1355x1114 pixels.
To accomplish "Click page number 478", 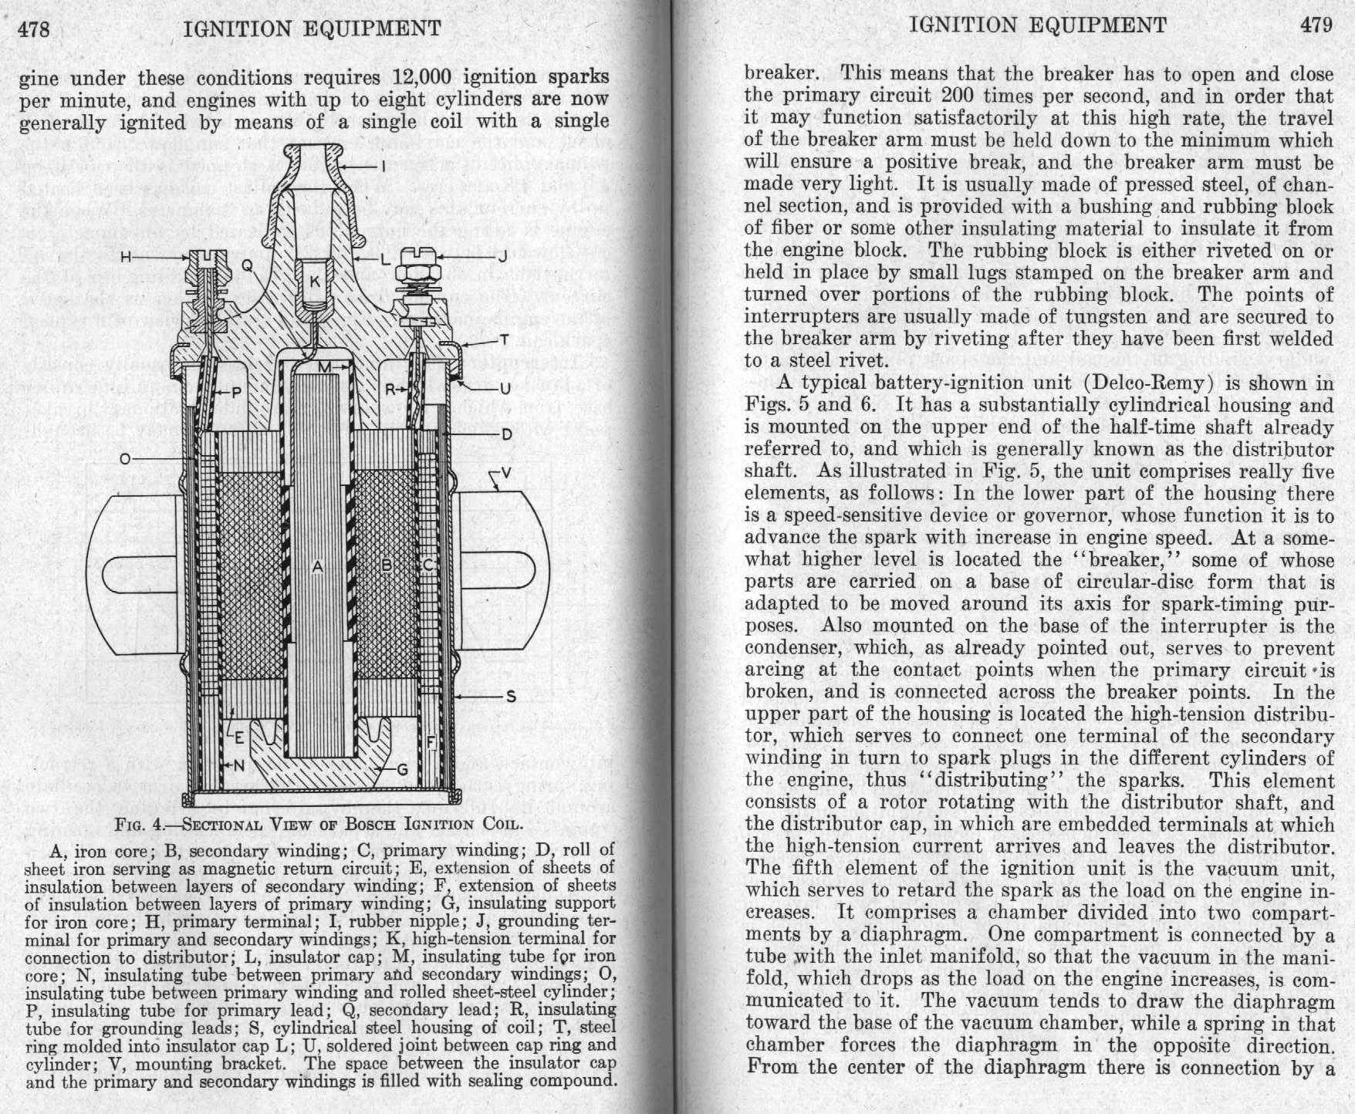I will pyautogui.click(x=35, y=29).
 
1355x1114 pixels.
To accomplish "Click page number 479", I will pyautogui.click(x=1316, y=25).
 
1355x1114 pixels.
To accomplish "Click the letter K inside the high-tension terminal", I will pyautogui.click(x=314, y=282).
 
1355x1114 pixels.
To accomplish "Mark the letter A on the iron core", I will pyautogui.click(x=316, y=567).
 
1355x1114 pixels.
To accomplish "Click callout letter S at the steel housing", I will pyautogui.click(x=510, y=697).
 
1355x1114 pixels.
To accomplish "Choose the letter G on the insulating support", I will pyautogui.click(x=401, y=769).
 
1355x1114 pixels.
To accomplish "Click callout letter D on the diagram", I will pyautogui.click(x=506, y=435).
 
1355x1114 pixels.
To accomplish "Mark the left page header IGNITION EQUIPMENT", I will pyautogui.click(x=313, y=29).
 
